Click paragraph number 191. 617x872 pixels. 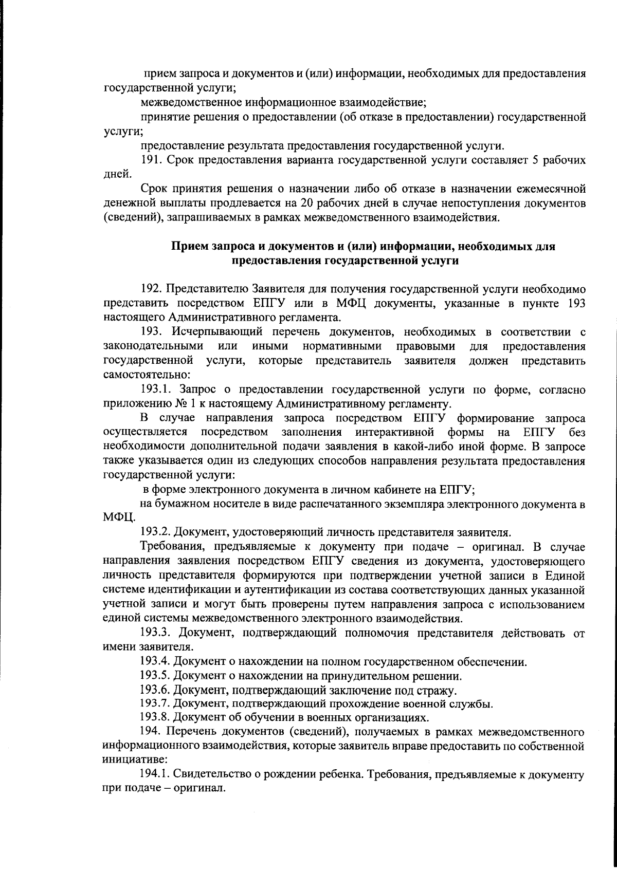click(150, 160)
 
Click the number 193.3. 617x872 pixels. click(155, 633)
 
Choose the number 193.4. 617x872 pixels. click(155, 662)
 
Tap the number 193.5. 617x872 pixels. click(155, 676)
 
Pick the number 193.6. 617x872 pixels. click(155, 690)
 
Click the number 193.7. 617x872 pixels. click(155, 703)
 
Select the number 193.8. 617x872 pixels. click(155, 717)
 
